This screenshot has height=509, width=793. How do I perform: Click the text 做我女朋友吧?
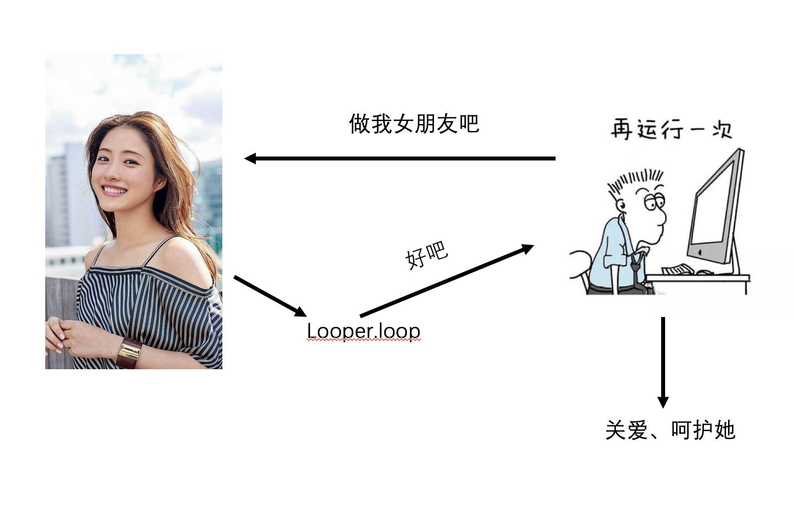coord(414,124)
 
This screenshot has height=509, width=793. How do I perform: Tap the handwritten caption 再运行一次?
coord(671,129)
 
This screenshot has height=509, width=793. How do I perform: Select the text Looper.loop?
coord(364,331)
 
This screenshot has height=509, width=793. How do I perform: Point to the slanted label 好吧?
coord(426,254)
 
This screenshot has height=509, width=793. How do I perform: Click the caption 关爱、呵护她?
coord(670,430)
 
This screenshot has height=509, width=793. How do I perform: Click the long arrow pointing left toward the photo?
coord(399,159)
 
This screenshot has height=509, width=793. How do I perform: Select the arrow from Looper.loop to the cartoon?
coord(447,281)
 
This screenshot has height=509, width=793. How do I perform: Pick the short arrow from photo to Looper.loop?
coord(270,296)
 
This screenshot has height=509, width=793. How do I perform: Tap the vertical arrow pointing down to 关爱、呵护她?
coord(663,362)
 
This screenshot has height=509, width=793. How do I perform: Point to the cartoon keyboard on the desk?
coord(678,270)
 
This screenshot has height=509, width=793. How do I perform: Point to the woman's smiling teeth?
coord(114,190)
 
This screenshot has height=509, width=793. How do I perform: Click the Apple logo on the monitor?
coord(701,253)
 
